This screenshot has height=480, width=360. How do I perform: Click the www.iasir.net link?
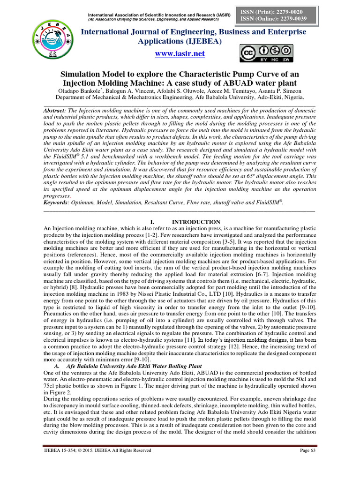180,53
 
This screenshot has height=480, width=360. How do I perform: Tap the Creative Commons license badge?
266,53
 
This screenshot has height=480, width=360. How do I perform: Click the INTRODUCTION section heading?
196,222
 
